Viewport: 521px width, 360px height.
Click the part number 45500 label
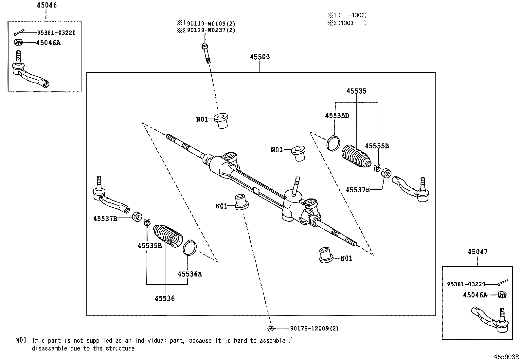260,57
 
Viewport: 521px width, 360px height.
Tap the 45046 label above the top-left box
46,5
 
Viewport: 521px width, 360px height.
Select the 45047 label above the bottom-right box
477,252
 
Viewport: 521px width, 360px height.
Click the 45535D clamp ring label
337,116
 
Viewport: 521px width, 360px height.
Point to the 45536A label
189,274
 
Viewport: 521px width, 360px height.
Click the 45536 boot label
165,298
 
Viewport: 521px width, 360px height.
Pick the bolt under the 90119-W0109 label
206,52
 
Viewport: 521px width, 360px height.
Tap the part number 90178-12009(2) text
314,328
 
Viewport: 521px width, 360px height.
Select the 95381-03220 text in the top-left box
56,33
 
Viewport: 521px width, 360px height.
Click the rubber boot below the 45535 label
356,157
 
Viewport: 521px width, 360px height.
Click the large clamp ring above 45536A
190,247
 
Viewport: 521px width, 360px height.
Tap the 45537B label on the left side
105,218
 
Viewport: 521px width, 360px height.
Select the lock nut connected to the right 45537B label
386,173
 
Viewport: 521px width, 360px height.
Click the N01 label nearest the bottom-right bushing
346,258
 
